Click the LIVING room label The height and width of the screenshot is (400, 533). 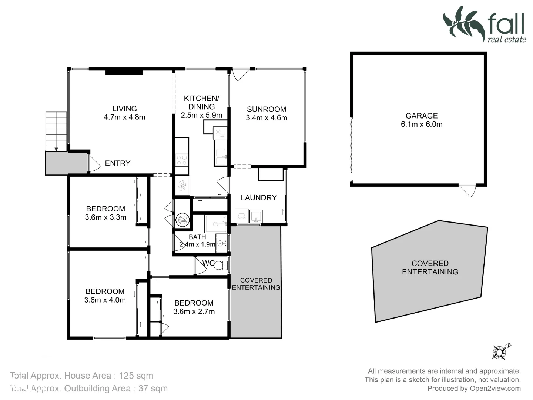point(124,109)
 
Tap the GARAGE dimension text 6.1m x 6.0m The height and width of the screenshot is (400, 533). point(422,124)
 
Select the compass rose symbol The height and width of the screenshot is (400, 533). point(500,351)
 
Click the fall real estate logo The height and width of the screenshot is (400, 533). point(485,24)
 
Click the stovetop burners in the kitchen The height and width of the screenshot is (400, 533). point(182,160)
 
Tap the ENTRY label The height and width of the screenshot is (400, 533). point(117,163)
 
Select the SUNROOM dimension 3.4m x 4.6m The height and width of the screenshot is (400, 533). point(266,118)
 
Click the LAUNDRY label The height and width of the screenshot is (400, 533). point(259,198)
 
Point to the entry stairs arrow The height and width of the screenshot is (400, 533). point(56,149)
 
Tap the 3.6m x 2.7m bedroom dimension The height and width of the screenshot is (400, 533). point(194,311)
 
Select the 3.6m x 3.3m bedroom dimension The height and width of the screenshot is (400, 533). point(105,217)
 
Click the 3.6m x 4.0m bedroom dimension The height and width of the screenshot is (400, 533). point(105,300)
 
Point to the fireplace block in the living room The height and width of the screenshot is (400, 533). point(124,72)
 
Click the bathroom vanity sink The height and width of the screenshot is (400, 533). point(221,243)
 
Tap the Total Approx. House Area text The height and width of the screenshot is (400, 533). point(81,376)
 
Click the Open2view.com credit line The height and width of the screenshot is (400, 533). point(474,388)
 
